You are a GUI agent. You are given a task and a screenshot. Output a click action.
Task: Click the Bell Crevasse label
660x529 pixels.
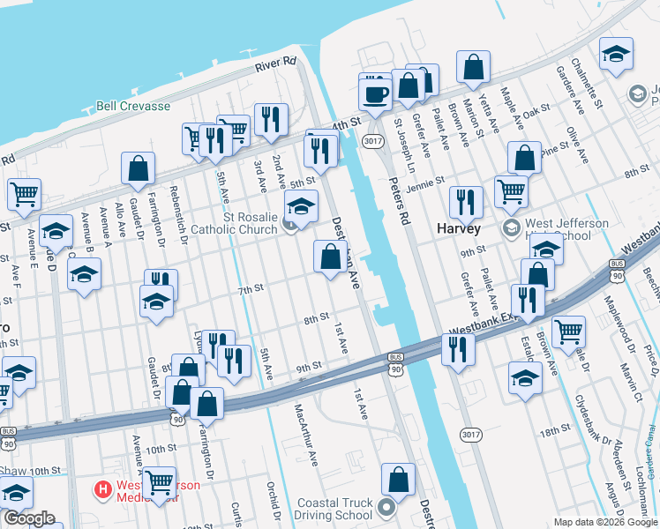133,105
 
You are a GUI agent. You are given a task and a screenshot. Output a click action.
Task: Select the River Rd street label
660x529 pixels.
275,64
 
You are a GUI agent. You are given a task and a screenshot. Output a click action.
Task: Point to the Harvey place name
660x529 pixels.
460,229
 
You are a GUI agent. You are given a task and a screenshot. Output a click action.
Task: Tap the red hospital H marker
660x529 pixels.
104,488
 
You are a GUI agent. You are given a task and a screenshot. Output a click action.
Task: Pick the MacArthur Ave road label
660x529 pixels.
305,434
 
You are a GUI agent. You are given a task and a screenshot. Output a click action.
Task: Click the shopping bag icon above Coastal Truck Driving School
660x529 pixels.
398,481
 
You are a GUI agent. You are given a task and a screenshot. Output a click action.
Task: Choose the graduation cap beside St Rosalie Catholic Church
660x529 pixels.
301,207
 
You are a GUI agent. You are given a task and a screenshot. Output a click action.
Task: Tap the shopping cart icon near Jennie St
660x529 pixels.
511,190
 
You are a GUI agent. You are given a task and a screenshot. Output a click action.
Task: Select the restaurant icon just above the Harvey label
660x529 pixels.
465,201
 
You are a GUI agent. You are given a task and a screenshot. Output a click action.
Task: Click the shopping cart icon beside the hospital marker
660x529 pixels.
159,483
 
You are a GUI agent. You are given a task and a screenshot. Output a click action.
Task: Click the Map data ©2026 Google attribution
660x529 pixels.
604,522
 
